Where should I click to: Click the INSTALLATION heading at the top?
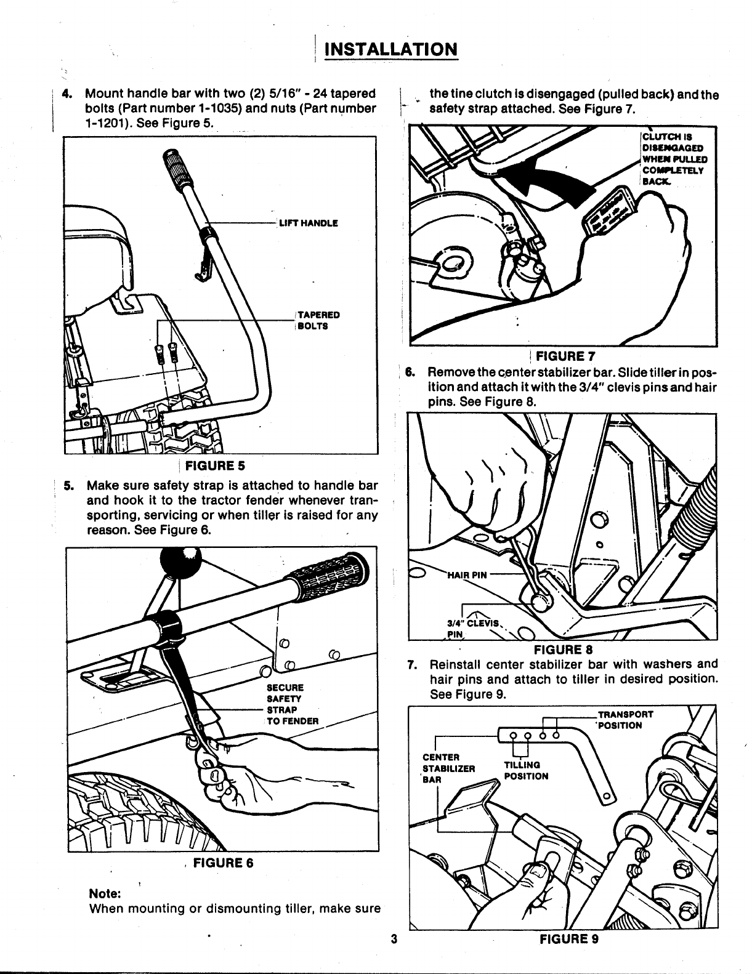pos(390,49)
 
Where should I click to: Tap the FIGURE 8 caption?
pos(564,649)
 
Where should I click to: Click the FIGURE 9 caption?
pos(569,956)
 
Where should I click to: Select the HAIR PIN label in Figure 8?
pos(466,576)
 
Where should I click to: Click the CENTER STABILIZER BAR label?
pos(448,768)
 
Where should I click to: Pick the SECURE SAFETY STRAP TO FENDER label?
pos(292,704)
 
